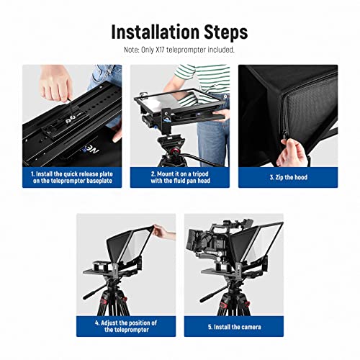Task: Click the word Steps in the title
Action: tap(223, 32)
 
